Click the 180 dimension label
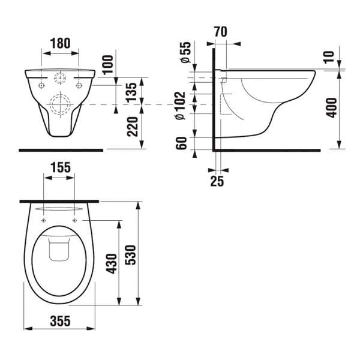pos(60,43)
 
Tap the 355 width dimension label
pos(60,321)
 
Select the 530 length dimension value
pos(131,255)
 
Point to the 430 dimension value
pos(112,263)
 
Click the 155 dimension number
pos(61,167)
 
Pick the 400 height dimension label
pos(332,108)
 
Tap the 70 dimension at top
pos(221,32)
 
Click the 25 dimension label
pos(217,181)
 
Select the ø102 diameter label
pos(180,106)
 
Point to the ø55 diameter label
pos(186,52)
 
